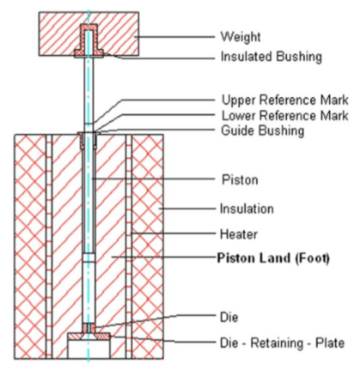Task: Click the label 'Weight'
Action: (241, 37)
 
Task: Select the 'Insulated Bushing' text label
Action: (271, 57)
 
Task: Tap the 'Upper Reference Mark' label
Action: (285, 100)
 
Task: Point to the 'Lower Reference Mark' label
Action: (285, 116)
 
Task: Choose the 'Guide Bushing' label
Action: (262, 130)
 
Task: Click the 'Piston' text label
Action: (240, 180)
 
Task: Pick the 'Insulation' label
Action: (247, 209)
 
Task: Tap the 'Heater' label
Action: (239, 234)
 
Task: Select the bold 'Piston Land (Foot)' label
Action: (273, 258)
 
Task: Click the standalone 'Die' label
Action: (229, 317)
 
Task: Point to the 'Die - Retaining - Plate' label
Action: (282, 343)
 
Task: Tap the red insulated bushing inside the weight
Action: (88, 40)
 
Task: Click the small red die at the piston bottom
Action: (88, 328)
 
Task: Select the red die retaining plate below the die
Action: (88, 336)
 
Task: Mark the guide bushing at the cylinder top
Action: (88, 139)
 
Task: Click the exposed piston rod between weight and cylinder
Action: (88, 94)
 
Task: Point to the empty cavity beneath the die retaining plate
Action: (88, 349)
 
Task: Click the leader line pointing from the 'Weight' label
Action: (174, 37)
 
